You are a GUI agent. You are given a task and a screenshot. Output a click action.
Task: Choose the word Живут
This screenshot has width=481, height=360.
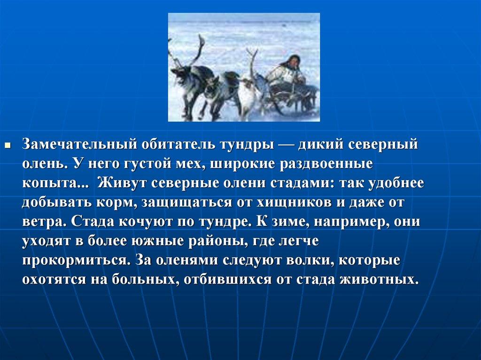point(123,183)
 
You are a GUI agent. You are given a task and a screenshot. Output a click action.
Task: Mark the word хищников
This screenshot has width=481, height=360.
point(294,203)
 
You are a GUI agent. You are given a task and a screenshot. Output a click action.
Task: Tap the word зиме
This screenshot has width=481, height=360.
point(285,222)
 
